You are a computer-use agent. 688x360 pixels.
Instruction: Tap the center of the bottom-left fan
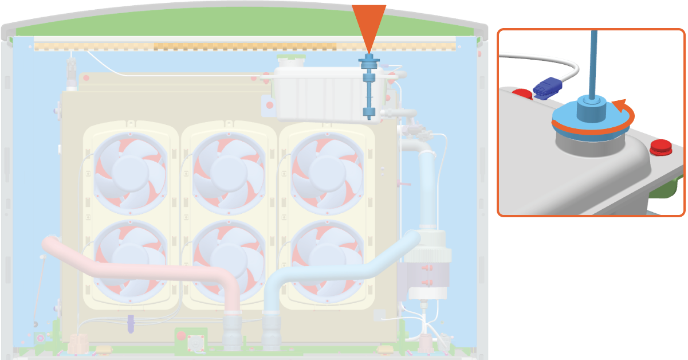click(x=131, y=255)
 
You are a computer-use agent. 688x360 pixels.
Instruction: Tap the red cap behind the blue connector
click(x=521, y=94)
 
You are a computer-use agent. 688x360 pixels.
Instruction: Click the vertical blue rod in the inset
click(x=593, y=63)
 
